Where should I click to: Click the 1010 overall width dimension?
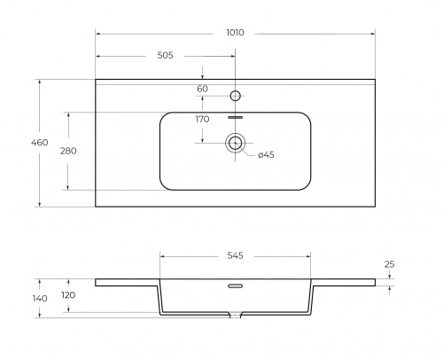click(x=235, y=33)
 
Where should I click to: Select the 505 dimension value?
click(x=165, y=55)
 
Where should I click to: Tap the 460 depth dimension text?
click(x=40, y=143)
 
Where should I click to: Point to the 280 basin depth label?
click(x=68, y=151)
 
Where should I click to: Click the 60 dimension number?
click(x=202, y=89)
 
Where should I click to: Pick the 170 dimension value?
click(x=202, y=119)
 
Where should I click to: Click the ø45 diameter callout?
click(x=266, y=154)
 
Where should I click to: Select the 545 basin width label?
click(x=235, y=255)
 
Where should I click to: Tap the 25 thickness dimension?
click(x=389, y=264)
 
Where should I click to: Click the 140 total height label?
click(x=40, y=299)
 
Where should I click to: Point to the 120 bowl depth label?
click(x=68, y=295)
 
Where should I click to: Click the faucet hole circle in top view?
click(x=235, y=96)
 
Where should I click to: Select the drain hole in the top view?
click(x=235, y=143)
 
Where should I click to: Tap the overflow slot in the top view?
click(x=235, y=117)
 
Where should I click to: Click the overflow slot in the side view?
click(x=235, y=286)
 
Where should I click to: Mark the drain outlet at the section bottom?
click(x=235, y=316)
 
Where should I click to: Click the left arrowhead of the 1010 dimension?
click(x=98, y=34)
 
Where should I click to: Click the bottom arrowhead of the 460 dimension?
click(x=40, y=204)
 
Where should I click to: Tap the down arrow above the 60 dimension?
click(x=202, y=76)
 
